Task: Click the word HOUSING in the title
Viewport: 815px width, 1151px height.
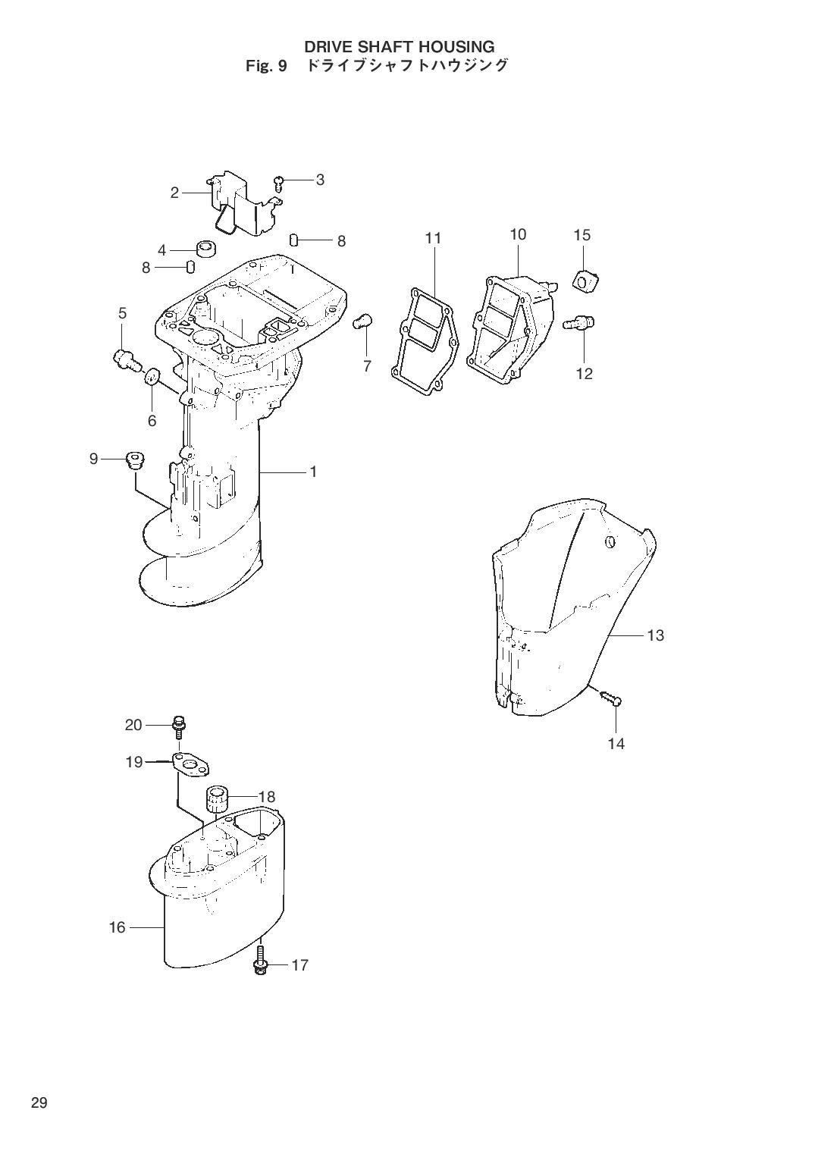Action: click(x=456, y=47)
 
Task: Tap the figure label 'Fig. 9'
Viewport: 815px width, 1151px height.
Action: click(x=265, y=66)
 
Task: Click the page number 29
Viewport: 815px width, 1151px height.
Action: click(x=39, y=1102)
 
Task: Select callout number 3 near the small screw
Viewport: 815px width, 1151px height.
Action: click(x=320, y=180)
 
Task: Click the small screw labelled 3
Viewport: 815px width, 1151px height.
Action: click(x=279, y=180)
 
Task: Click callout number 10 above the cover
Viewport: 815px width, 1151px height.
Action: click(x=518, y=234)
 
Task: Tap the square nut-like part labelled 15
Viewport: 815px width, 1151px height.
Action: click(x=588, y=281)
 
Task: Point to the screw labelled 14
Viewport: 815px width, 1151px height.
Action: click(x=610, y=698)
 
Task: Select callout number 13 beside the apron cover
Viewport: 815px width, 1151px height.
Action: click(x=656, y=635)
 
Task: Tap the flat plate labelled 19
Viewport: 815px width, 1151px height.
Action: click(x=192, y=764)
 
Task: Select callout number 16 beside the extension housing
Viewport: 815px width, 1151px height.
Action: click(x=118, y=927)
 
